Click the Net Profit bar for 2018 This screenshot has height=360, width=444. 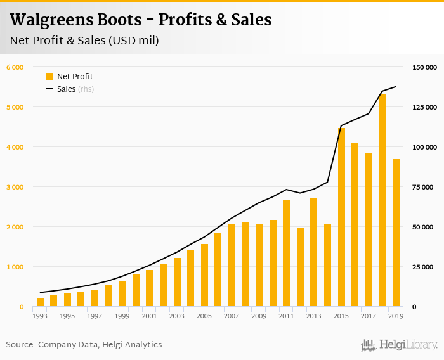(382, 200)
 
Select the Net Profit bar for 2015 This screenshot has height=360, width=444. (341, 217)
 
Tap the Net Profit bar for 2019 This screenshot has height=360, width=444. (396, 233)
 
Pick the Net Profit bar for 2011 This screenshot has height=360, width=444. (287, 253)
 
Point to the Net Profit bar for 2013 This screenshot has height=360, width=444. (314, 252)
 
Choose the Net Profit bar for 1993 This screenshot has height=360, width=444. (40, 302)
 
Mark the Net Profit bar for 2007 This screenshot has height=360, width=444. (232, 266)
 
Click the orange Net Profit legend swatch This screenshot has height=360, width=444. (49, 77)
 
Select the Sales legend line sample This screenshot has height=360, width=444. (49, 89)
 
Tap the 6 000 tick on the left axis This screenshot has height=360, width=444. (15, 67)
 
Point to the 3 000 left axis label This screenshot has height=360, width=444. (15, 187)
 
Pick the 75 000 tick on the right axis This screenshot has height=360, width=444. (424, 187)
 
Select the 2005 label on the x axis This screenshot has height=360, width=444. (204, 316)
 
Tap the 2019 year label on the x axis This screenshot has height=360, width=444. (396, 316)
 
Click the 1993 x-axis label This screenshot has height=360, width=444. (40, 316)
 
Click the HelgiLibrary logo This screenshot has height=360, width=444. (400, 345)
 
